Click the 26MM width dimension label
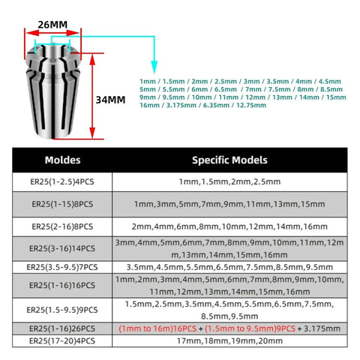[52, 25]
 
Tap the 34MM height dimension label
[110, 100]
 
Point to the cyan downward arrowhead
[154, 67]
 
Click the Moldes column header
[62, 160]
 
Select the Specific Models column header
[229, 160]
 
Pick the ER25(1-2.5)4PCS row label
[62, 181]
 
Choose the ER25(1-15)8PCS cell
[62, 204]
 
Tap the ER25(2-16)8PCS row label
[62, 226]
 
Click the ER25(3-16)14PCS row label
[62, 248]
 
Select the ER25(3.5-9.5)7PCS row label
[62, 267]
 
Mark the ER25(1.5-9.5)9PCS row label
[62, 310]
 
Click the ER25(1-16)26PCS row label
[62, 328]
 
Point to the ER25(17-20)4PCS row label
[62, 341]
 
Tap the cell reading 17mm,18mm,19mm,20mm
[229, 341]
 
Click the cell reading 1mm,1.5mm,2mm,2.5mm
[229, 181]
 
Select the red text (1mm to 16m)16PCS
[157, 328]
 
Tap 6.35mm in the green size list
[216, 105]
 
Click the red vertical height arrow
[92, 96]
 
